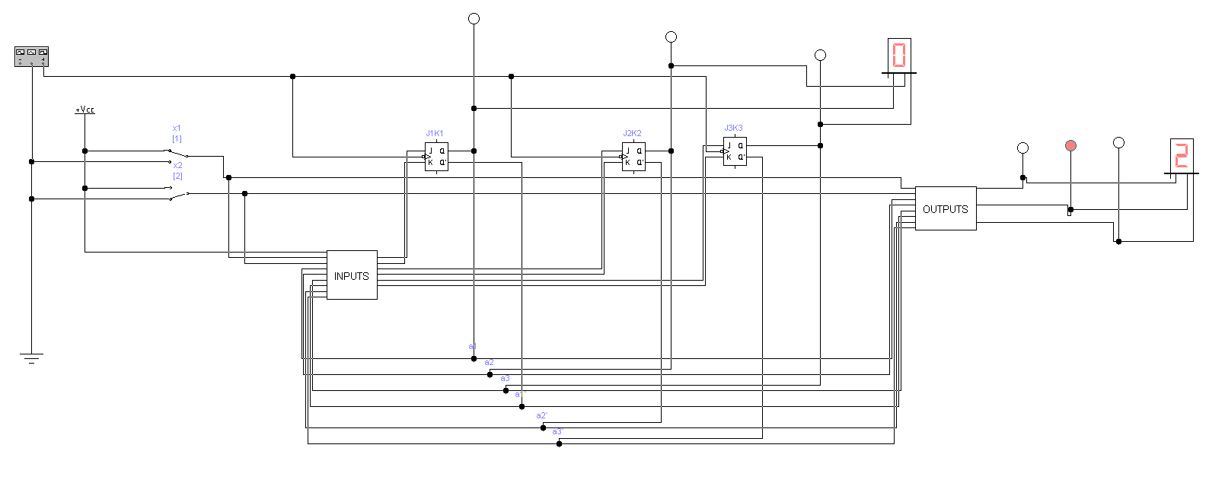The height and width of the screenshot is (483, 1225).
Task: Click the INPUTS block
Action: pyautogui.click(x=352, y=275)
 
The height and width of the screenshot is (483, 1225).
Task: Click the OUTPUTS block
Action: pyautogui.click(x=946, y=208)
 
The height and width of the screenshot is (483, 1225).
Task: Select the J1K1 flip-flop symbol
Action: pyautogui.click(x=436, y=157)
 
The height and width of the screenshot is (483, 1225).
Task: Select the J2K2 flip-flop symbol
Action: pyautogui.click(x=633, y=157)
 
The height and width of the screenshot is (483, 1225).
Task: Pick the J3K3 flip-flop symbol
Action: pyautogui.click(x=735, y=151)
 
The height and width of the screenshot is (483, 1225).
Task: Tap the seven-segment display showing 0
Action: pyautogui.click(x=899, y=56)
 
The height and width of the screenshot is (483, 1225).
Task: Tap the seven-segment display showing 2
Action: pyautogui.click(x=1182, y=156)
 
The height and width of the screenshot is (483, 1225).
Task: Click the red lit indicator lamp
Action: pyautogui.click(x=1070, y=145)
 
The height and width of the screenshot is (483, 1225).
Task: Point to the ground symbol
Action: pyautogui.click(x=32, y=358)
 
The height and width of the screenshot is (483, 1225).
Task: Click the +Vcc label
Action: pyautogui.click(x=85, y=110)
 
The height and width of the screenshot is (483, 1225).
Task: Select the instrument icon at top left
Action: pyautogui.click(x=31, y=56)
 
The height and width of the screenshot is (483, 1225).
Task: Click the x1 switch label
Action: pyautogui.click(x=177, y=129)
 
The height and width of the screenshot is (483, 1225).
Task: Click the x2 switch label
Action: pyautogui.click(x=177, y=166)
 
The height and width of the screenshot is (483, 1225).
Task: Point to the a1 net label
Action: pyautogui.click(x=473, y=347)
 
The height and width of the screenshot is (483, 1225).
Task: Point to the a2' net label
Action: pyautogui.click(x=541, y=416)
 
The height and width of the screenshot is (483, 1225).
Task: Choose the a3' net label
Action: pyautogui.click(x=557, y=432)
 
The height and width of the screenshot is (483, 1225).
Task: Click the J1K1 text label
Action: pyautogui.click(x=435, y=134)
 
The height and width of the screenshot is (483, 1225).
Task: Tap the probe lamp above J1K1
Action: pyautogui.click(x=474, y=18)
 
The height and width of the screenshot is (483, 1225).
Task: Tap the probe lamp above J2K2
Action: pyautogui.click(x=671, y=37)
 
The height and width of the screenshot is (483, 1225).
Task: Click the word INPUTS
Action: pyautogui.click(x=352, y=276)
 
